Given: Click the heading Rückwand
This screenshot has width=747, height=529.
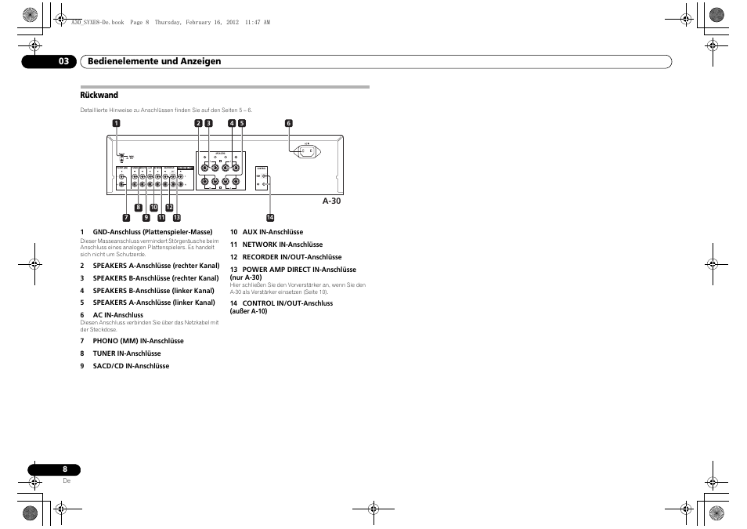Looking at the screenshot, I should coord(99,96).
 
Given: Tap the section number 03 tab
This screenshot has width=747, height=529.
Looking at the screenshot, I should coord(63,61).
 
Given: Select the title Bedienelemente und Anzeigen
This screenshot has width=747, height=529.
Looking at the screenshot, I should coord(154,61).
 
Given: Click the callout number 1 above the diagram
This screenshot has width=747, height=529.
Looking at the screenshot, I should coord(116,123).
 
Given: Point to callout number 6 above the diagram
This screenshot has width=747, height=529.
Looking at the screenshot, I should coord(288,123).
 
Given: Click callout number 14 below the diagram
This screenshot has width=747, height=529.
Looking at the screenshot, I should coord(269,217).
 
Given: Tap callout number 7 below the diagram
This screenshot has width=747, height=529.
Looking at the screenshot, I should coord(125,216).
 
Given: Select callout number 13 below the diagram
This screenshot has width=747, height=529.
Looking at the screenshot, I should coord(177,217).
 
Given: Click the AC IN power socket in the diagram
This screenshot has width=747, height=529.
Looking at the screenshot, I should coord(306,151).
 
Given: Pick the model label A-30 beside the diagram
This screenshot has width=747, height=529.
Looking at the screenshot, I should coord(332,201).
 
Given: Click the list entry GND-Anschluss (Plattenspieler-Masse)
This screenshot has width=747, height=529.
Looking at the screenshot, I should coord(153,232).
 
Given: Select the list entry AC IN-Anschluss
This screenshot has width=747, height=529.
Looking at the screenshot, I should coord(118,315).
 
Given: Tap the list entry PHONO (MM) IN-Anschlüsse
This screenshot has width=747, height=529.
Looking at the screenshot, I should coord(138,341).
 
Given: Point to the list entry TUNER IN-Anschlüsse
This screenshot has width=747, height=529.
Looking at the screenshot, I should coord(127,353).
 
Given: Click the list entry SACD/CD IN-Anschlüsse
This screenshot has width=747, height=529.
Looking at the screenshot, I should coord(131,366).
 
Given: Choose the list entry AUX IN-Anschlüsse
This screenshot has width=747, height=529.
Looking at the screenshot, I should coord(272,232).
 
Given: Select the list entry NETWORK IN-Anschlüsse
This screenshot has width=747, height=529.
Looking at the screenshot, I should coord(282,245).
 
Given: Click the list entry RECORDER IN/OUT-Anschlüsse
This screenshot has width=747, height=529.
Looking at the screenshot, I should coord(291,257).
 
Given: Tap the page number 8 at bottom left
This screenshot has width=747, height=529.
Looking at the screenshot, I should coord(66,469).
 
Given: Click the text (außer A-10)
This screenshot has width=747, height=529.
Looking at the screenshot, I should coord(248,311).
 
